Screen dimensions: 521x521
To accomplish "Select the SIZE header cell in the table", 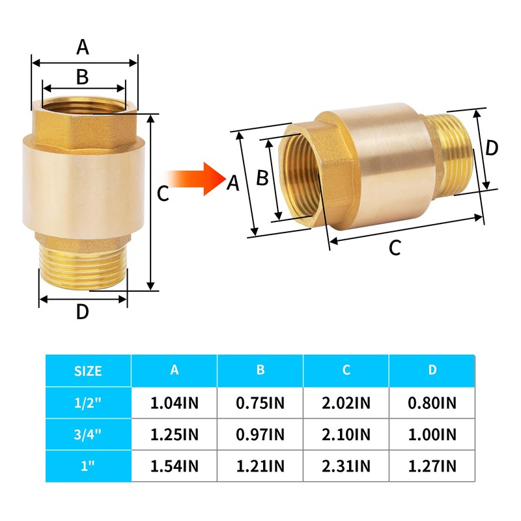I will coord(88,371).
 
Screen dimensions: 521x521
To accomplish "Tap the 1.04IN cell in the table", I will coord(174,402).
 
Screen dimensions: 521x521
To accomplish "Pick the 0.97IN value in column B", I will coord(260,434).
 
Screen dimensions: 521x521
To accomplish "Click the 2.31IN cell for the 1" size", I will coord(346,466).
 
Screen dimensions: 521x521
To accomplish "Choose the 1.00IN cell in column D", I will coord(432,434).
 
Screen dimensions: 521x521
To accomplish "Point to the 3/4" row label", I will coord(88,434).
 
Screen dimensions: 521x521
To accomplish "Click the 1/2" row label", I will coord(88,402).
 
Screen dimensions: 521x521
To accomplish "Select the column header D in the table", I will coord(432,371).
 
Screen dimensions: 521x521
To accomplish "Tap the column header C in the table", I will coord(346,371).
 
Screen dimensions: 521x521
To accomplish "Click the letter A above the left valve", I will coord(83,47).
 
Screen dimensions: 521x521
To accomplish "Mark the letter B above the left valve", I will coord(82,77).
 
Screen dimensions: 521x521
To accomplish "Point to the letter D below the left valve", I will coord(82,313).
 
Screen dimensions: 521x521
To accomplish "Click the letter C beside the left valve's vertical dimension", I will coord(163,193).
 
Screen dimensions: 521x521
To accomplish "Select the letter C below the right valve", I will coord(395,249).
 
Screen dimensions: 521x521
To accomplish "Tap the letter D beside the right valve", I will coord(492,148).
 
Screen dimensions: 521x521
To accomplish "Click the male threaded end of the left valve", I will coord(83,264).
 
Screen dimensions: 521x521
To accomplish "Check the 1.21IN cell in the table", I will coord(260,466).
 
